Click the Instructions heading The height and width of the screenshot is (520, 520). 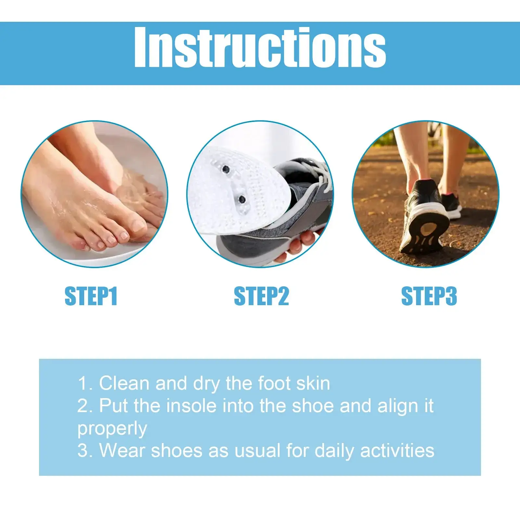260,48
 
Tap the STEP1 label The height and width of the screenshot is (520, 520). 91,296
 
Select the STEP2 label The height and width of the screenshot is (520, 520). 261,296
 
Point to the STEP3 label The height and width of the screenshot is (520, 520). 429,296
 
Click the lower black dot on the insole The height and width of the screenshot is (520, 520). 242,199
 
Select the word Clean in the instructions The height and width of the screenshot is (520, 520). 124,383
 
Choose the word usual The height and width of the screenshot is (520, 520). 257,451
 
